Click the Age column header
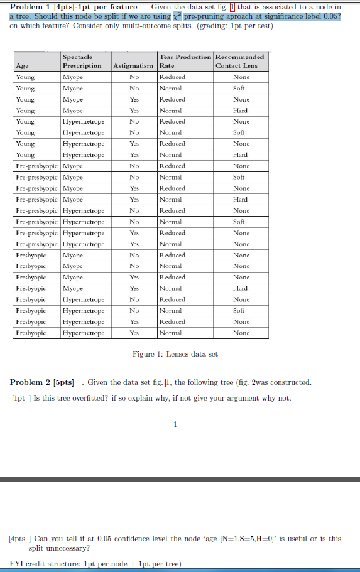[x=22, y=65]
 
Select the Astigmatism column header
[x=134, y=65]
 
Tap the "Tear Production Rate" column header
[x=185, y=61]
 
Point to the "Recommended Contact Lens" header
[x=239, y=61]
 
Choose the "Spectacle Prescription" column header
[x=82, y=61]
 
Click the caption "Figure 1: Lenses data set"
[x=175, y=354]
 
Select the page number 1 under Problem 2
[x=175, y=424]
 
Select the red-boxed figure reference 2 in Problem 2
[x=254, y=382]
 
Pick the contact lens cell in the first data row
[x=241, y=77]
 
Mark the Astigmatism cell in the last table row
[x=134, y=333]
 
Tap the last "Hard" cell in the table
[x=241, y=288]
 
